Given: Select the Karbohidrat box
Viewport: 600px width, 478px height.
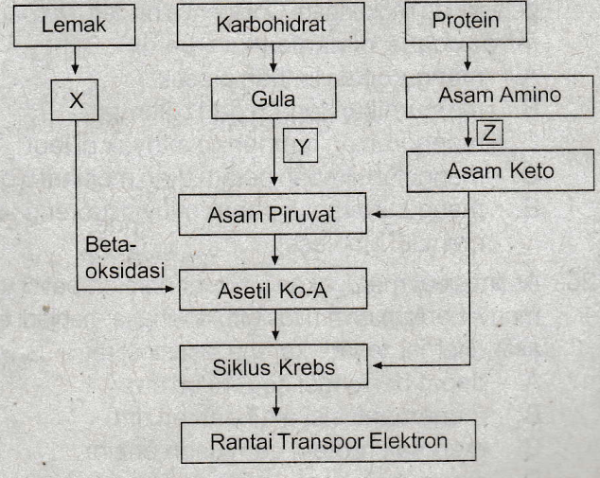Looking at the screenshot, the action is coord(272,25).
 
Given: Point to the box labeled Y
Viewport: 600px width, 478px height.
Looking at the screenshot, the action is coord(301,147).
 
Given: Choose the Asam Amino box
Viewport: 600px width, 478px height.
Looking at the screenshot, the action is coord(486,95).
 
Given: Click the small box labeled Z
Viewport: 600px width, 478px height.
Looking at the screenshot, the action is coord(488,133).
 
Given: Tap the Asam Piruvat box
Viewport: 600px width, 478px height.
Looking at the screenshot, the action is coord(272,216).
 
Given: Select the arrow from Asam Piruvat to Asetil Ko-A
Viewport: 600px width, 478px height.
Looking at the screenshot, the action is coord(274,253).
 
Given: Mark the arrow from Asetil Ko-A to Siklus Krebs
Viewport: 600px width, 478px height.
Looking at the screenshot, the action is coord(274,328).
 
